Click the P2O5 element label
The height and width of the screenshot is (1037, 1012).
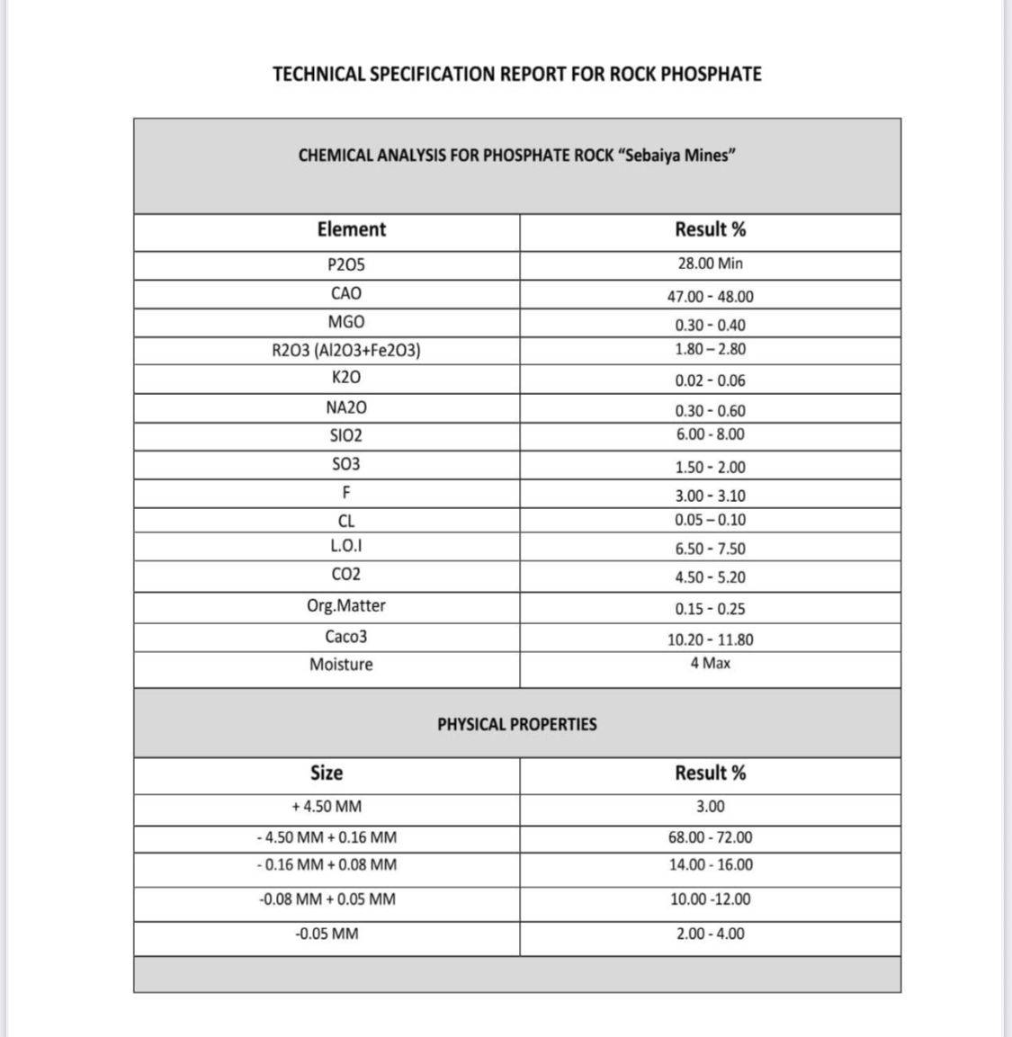tap(346, 265)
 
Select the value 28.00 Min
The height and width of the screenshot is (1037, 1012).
tap(710, 264)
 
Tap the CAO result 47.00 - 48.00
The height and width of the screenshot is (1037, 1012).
tap(710, 297)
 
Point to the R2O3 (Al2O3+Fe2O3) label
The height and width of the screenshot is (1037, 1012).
tap(346, 350)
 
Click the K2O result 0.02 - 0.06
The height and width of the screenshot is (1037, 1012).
tap(710, 380)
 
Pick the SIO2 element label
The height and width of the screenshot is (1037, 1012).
tap(346, 436)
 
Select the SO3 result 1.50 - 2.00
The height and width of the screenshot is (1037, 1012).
tap(710, 467)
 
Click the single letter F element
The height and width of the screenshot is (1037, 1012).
tap(346, 493)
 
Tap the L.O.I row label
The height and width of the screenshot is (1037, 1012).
tap(346, 546)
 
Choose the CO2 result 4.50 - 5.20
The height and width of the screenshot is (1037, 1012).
tap(710, 577)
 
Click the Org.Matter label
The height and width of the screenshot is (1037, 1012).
tap(346, 605)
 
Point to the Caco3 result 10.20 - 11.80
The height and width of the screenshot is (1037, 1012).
tap(710, 639)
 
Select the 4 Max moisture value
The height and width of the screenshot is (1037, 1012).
tap(710, 663)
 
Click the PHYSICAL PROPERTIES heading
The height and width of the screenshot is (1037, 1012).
tap(516, 724)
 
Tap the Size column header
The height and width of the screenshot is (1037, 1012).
tap(326, 773)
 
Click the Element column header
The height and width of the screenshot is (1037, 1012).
tap(351, 229)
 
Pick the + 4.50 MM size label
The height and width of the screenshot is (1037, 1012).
tap(326, 807)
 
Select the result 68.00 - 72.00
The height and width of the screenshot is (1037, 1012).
tap(710, 837)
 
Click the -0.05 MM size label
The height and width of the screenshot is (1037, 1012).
tap(326, 934)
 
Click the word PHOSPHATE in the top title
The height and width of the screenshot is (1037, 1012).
tap(711, 74)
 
